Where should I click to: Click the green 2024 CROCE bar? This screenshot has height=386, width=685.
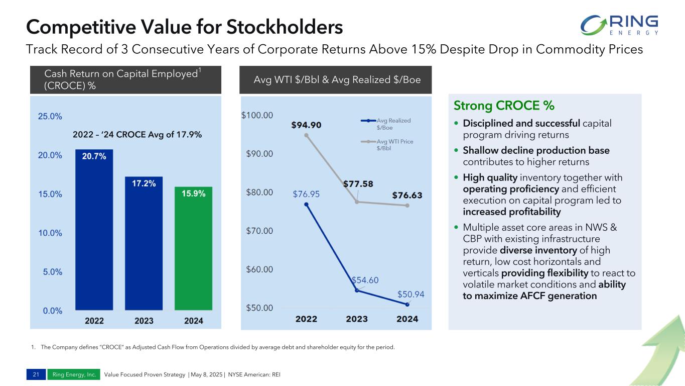193,249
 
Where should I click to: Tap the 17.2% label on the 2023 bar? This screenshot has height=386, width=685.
144,184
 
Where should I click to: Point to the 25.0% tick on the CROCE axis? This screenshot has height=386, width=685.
50,116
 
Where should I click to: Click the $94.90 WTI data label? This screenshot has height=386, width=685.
306,125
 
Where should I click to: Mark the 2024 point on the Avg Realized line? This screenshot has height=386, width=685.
407,304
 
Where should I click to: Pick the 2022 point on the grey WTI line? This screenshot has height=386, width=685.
306,135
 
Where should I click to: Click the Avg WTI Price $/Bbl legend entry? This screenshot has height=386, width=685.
387,145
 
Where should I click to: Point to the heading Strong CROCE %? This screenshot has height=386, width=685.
504,106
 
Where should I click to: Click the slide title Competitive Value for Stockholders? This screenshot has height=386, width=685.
184,27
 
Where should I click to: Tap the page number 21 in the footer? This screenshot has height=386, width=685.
35,374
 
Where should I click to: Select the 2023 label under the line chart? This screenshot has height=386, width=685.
356,319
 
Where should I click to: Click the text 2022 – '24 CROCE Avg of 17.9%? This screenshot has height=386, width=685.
138,134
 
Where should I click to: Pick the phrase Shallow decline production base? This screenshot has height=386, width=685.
536,150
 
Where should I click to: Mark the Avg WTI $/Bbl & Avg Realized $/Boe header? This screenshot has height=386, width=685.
335,79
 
